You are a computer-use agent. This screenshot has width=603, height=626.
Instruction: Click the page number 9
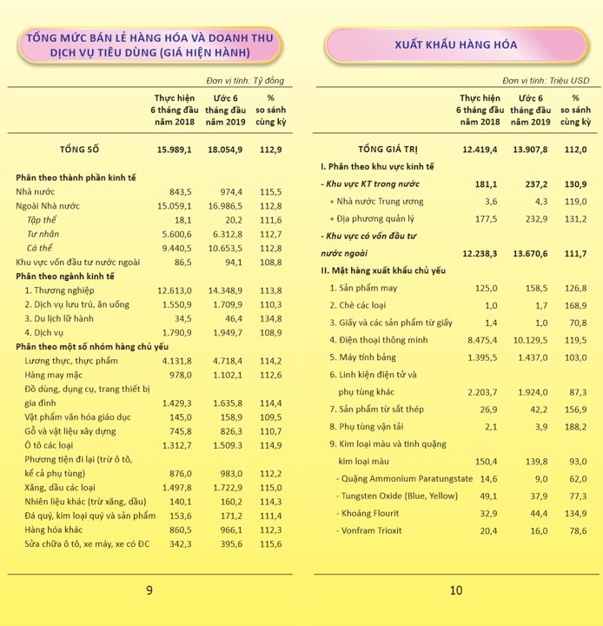[149, 591]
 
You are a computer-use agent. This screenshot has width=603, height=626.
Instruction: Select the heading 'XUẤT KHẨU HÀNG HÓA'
[455, 44]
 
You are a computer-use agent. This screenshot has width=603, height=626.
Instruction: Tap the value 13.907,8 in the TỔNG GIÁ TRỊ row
[528, 150]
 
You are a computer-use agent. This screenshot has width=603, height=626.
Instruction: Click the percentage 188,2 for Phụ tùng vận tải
[576, 426]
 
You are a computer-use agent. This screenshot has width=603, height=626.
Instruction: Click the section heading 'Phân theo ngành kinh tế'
[66, 276]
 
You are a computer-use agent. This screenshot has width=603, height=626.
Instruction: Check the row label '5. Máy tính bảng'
[364, 356]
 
